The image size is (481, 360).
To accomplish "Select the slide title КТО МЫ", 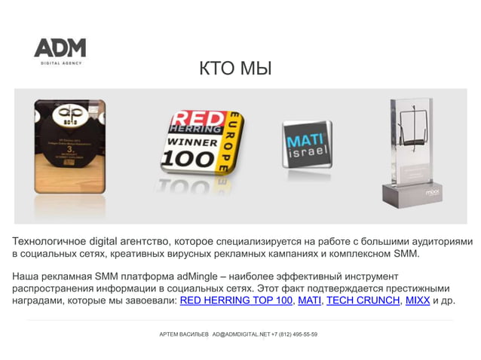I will coord(235,70).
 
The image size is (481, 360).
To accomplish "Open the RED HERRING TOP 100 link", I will coord(236,301).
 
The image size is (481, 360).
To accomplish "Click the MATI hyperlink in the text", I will coord(309,301).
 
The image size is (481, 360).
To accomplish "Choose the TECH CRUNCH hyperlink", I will coord(363,301).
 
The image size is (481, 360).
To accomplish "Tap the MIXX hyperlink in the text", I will coord(417,301).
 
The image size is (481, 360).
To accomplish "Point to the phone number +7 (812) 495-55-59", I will coord(294,334).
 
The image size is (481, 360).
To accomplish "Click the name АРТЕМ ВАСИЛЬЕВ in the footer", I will coord(184,334).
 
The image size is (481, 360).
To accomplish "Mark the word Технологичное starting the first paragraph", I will coord(48,242).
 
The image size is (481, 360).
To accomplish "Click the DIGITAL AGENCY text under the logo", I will coord(60,63).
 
